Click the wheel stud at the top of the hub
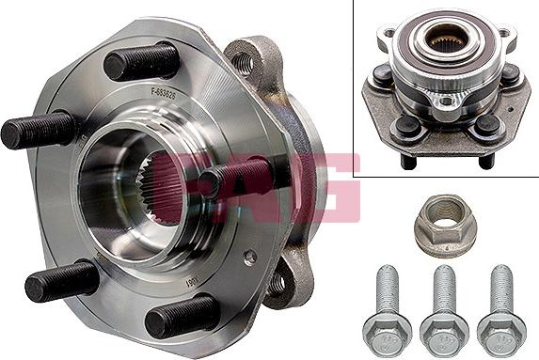click(141, 62)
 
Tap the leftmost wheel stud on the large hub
click(38, 130)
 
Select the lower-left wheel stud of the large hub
click(62, 281)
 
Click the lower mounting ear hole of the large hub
click(277, 279)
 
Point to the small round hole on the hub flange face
click(247, 256)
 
